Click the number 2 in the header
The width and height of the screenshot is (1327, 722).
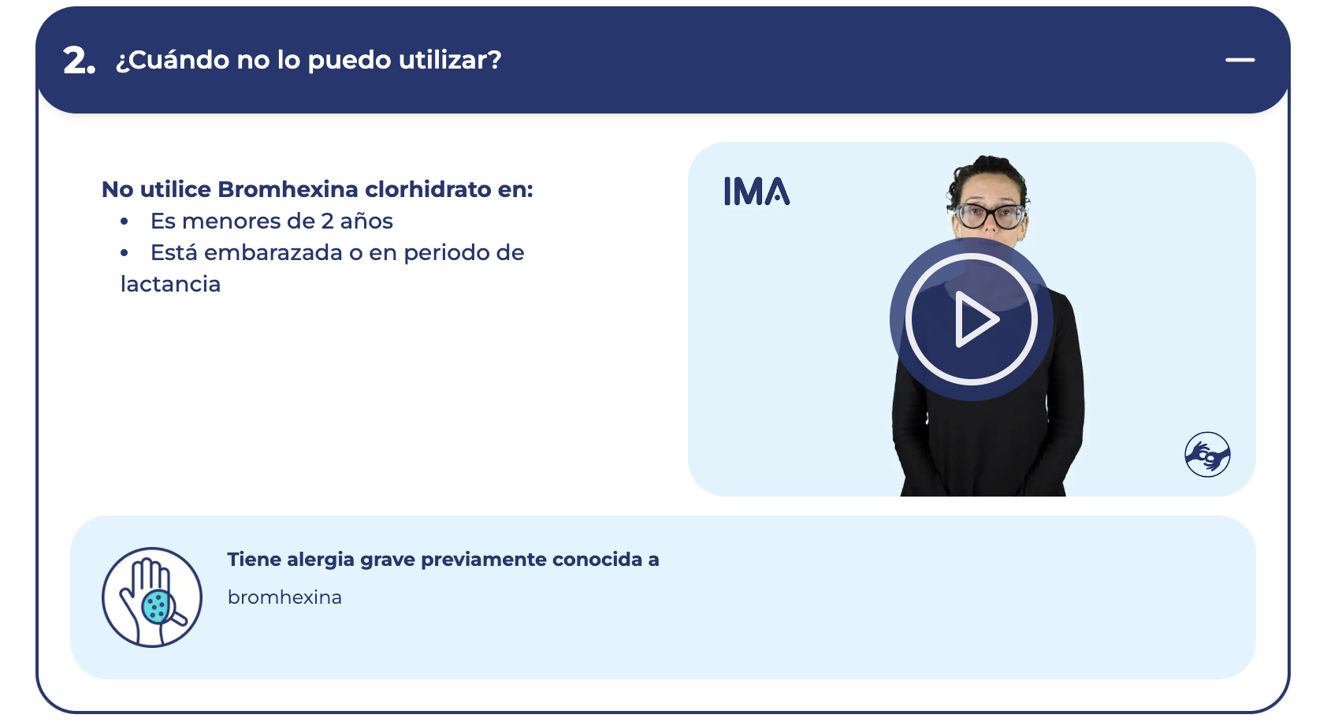pyautogui.click(x=75, y=61)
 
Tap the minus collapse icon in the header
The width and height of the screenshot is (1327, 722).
pyautogui.click(x=1240, y=60)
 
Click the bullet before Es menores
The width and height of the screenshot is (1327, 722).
pyautogui.click(x=124, y=221)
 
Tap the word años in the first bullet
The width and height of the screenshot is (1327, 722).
pyautogui.click(x=366, y=221)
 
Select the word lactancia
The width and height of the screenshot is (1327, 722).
pyautogui.click(x=171, y=285)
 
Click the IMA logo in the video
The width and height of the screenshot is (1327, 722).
pyautogui.click(x=756, y=191)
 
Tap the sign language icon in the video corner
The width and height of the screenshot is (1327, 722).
pyautogui.click(x=1207, y=455)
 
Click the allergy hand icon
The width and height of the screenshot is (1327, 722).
pyautogui.click(x=152, y=597)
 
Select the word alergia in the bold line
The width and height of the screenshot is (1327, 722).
pyautogui.click(x=321, y=560)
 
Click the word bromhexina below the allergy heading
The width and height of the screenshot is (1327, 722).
pyautogui.click(x=284, y=597)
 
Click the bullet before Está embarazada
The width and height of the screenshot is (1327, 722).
pyautogui.click(x=124, y=253)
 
